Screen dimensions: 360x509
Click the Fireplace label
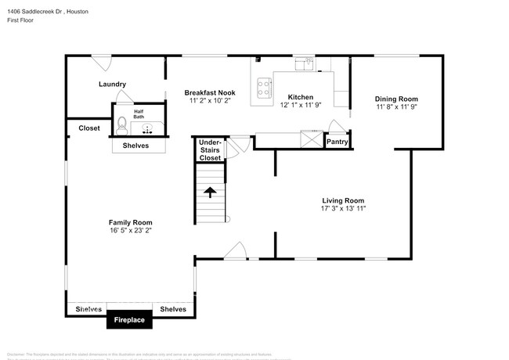tap(129, 320)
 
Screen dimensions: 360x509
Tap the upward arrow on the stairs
tap(209, 190)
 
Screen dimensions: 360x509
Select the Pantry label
tap(337, 142)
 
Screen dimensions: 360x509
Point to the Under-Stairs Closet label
tap(210, 150)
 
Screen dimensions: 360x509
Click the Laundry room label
tap(112, 85)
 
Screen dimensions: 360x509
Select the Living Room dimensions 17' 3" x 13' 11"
tap(343, 209)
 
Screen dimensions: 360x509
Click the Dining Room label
tap(396, 99)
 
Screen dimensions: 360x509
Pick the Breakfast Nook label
tap(210, 92)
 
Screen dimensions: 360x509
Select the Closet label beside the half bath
tap(88, 128)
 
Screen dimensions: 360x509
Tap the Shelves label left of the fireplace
tap(88, 309)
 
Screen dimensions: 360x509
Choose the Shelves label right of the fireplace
tap(173, 309)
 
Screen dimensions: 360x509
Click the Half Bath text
tap(139, 114)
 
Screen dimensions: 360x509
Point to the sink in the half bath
tap(146, 124)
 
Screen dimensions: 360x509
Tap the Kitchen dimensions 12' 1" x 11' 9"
tap(301, 106)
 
